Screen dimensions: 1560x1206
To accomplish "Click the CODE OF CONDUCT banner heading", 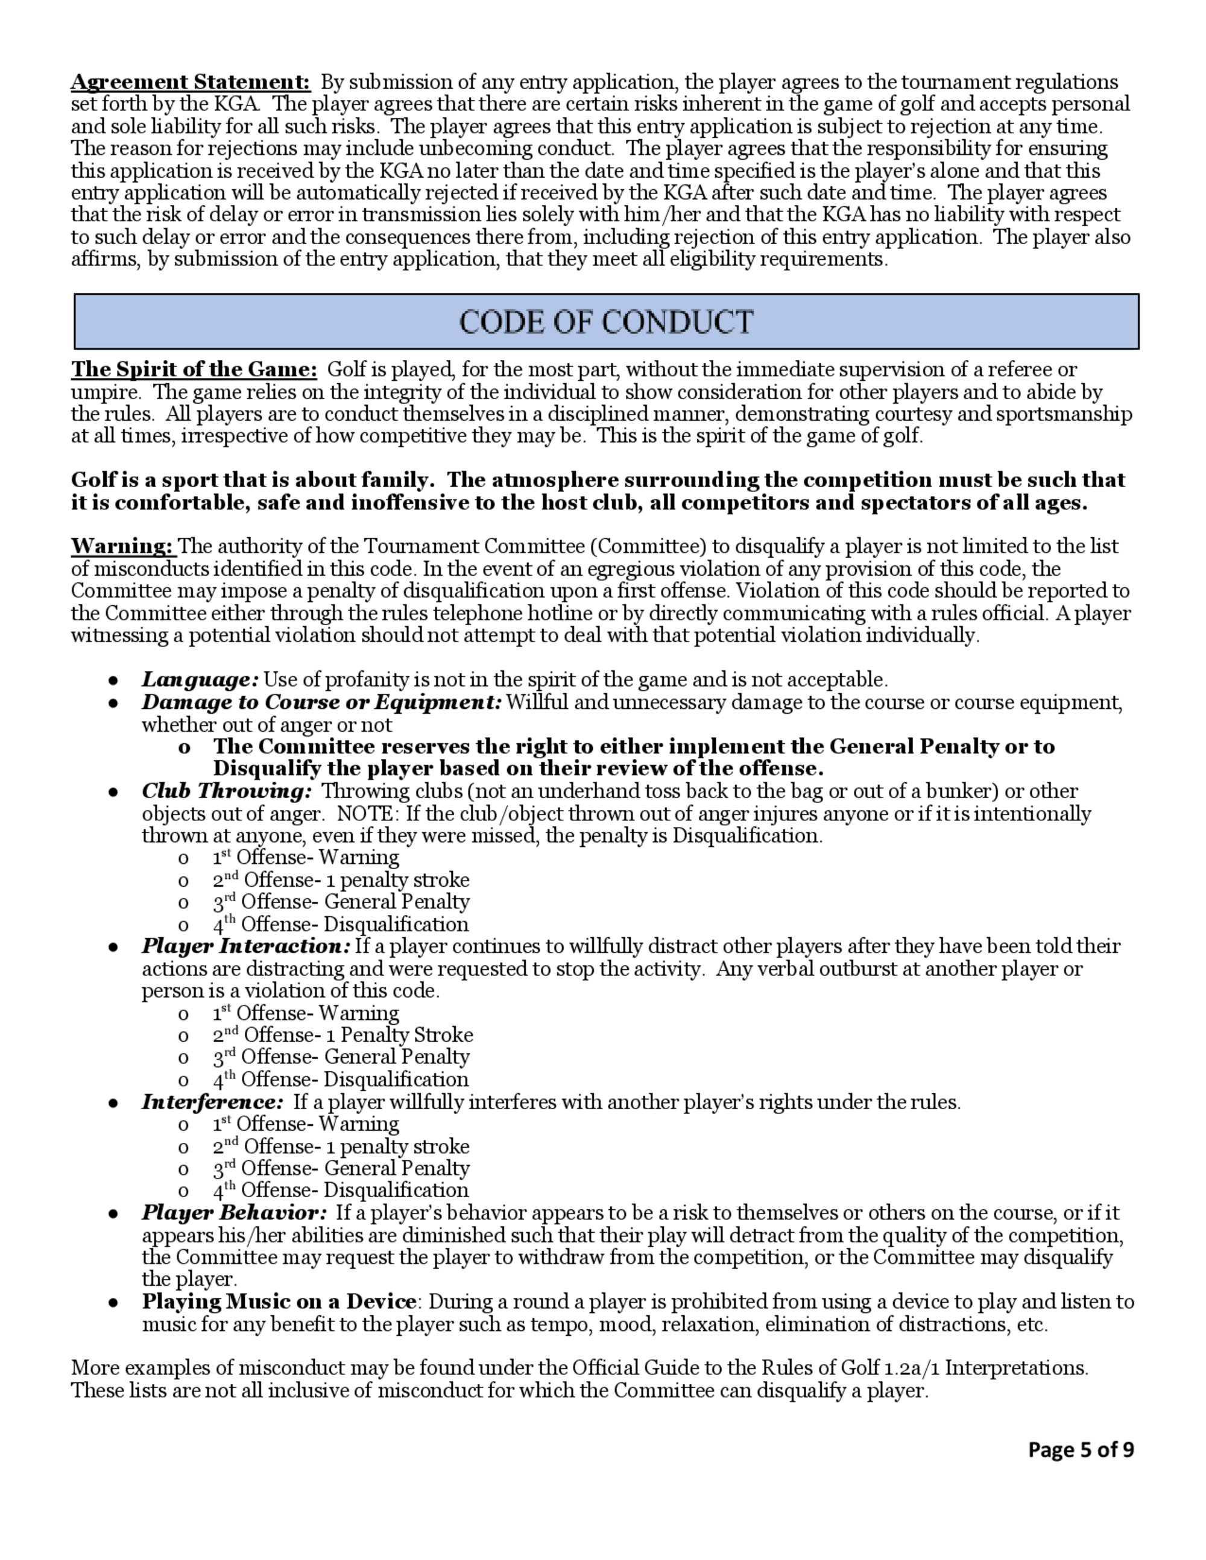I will click(606, 321).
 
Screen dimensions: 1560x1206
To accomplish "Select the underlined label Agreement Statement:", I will click(190, 82).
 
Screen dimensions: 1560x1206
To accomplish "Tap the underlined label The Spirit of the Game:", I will click(194, 370).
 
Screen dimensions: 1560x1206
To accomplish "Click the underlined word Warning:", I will click(123, 547).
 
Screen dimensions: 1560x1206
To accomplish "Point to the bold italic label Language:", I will click(200, 679).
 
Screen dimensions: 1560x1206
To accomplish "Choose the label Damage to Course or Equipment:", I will click(321, 702).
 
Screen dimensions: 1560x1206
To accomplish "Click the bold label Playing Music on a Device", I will click(279, 1301).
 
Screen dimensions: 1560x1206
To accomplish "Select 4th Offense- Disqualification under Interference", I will click(341, 1190).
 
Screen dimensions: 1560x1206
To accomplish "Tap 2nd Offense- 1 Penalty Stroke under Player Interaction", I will click(343, 1035).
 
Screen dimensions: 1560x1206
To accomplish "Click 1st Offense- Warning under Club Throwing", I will click(306, 857).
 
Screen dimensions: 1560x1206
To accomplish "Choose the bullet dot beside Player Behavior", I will click(113, 1213).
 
